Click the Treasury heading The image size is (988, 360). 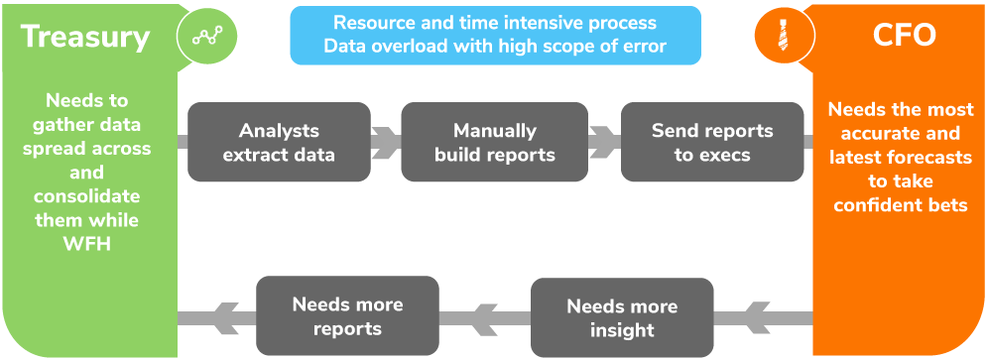[x=85, y=37]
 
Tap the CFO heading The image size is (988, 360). [x=904, y=37]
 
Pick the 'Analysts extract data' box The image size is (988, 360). [x=279, y=142]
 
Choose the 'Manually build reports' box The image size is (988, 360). [x=494, y=142]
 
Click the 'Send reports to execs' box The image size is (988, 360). [x=711, y=142]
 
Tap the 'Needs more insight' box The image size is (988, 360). [x=622, y=317]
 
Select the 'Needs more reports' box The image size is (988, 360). [x=347, y=315]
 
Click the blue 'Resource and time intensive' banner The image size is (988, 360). [x=494, y=34]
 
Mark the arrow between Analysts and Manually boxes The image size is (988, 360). [x=385, y=142]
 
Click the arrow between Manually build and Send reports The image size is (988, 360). [x=602, y=142]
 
